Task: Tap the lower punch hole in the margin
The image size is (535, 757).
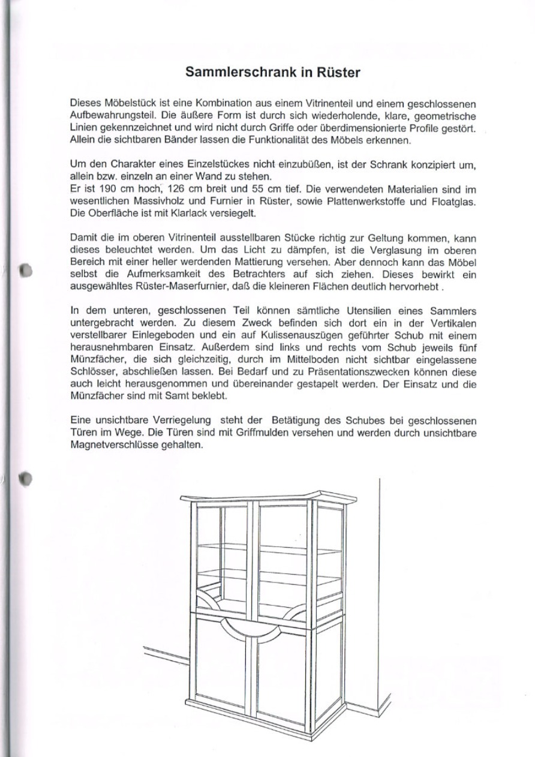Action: point(25,478)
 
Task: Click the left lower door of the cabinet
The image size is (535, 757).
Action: point(221,666)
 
